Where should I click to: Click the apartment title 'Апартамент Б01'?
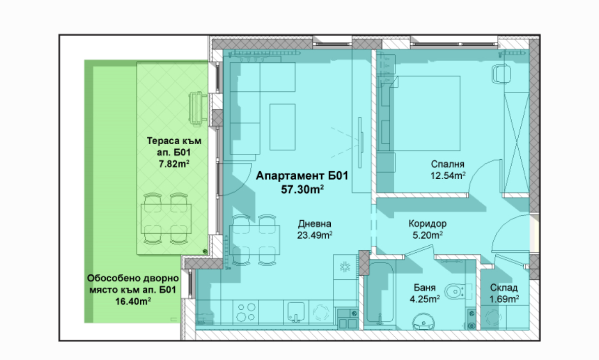click(x=302, y=176)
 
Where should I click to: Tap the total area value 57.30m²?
click(x=303, y=189)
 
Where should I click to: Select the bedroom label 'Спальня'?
click(x=448, y=164)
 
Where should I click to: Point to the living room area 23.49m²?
click(x=314, y=235)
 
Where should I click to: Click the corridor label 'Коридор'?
click(x=427, y=223)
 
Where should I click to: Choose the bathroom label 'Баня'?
click(x=424, y=287)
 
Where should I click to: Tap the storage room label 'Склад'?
click(x=504, y=287)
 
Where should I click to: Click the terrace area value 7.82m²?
click(x=174, y=164)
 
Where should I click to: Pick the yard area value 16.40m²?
click(x=133, y=302)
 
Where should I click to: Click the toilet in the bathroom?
click(x=456, y=292)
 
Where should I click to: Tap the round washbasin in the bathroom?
click(x=423, y=321)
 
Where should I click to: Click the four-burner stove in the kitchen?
click(x=246, y=312)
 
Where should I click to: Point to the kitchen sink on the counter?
click(x=296, y=313)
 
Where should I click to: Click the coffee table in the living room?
click(x=282, y=127)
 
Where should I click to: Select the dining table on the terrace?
click(x=166, y=218)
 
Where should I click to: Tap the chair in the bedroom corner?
click(x=501, y=74)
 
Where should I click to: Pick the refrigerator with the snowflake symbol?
click(x=345, y=267)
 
